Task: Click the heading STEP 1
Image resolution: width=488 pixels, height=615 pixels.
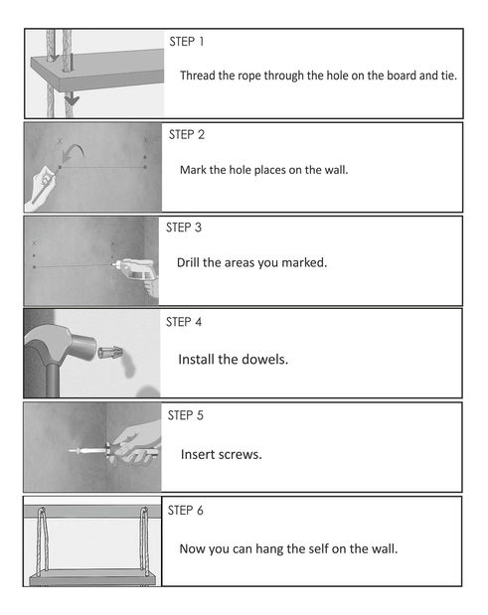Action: coord(187,42)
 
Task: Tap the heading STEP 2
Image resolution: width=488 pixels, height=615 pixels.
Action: coord(187,134)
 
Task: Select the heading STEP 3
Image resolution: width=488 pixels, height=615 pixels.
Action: coord(184,228)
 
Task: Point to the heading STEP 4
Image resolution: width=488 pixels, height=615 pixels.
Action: coord(184,322)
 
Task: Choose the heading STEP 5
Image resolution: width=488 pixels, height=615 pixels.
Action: coord(186,415)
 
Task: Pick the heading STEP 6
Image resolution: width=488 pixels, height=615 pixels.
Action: coord(186,511)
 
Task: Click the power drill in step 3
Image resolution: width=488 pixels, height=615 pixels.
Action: coord(137,272)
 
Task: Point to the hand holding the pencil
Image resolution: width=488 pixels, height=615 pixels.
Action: coord(41,188)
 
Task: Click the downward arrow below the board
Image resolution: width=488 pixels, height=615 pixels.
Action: coord(72,98)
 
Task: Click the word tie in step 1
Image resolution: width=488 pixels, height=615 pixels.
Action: coord(449,76)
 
